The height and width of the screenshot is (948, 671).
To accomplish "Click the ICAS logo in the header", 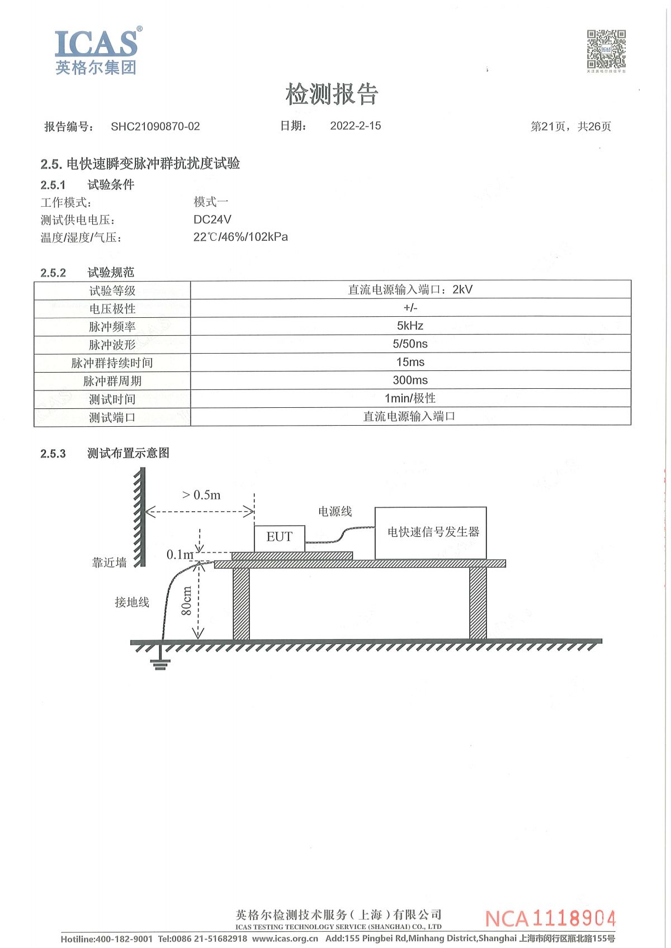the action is [98, 51].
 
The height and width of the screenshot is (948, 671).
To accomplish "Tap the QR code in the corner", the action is [606, 49].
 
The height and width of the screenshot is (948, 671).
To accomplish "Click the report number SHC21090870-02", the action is [155, 127].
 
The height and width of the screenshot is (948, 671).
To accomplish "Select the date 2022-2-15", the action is [356, 126].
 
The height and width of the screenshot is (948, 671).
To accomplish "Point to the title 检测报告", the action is [331, 93].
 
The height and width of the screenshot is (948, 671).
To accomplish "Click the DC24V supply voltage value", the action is [212, 219].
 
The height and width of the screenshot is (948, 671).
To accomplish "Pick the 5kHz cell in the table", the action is [410, 326].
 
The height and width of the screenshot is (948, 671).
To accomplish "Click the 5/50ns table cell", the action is [410, 344].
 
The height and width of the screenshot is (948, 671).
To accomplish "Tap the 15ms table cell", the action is [410, 362].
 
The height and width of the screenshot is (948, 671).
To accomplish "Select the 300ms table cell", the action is [410, 380].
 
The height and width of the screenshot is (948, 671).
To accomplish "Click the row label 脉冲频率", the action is [112, 327].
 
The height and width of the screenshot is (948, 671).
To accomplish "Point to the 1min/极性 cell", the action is [410, 398].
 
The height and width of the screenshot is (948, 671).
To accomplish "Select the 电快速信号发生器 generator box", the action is [431, 533].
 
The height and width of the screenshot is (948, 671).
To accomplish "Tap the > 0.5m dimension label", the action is [201, 495].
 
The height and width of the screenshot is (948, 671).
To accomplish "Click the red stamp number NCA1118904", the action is [550, 918].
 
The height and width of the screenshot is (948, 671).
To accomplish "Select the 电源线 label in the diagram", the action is [335, 512].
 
